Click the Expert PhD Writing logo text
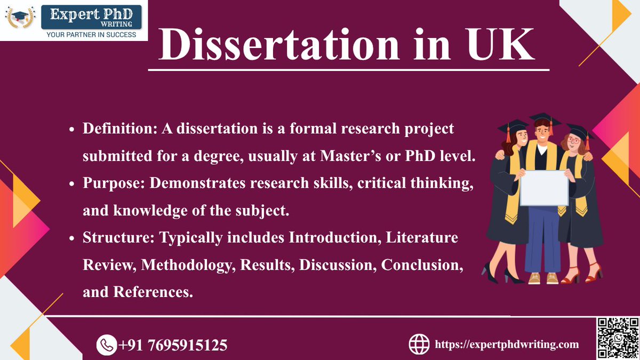pyautogui.click(x=88, y=15)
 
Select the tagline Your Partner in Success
pyautogui.click(x=91, y=35)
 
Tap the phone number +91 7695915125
pyautogui.click(x=173, y=345)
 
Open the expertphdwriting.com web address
pyautogui.click(x=507, y=345)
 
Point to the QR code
pyautogui.click(x=617, y=338)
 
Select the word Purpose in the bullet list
pyautogui.click(x=113, y=183)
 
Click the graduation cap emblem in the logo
pyautogui.click(x=21, y=18)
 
